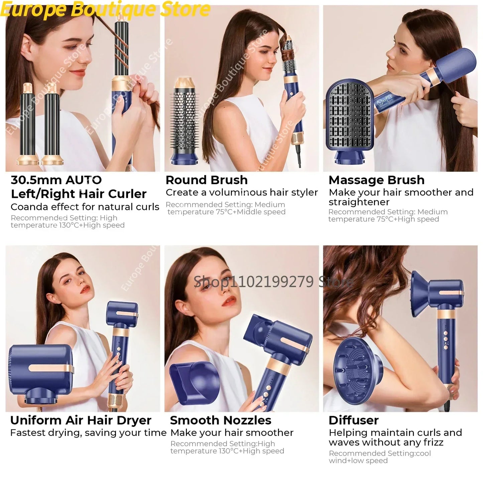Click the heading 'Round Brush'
207,180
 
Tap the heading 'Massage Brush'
376,180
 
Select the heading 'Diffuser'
353,420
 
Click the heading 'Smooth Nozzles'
220,420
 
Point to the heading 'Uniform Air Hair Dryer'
81,420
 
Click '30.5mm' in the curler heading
36,180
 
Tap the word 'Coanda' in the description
29,207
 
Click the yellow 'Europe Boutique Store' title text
105,9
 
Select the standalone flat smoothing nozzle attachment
194,381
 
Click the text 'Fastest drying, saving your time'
88,433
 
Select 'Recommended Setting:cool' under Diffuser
380,454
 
